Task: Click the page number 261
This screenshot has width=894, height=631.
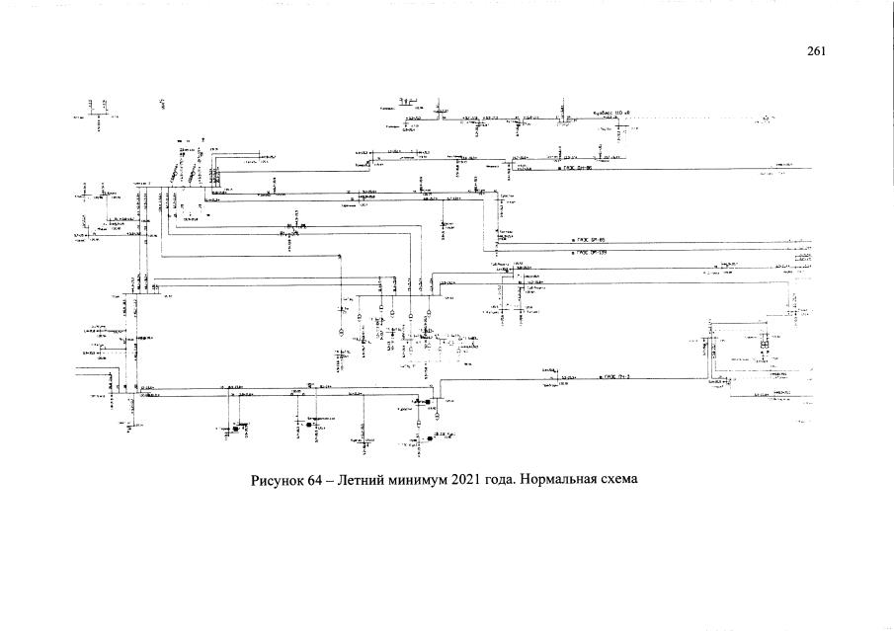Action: [x=815, y=52]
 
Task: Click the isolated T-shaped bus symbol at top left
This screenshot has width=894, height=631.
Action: [x=95, y=109]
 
